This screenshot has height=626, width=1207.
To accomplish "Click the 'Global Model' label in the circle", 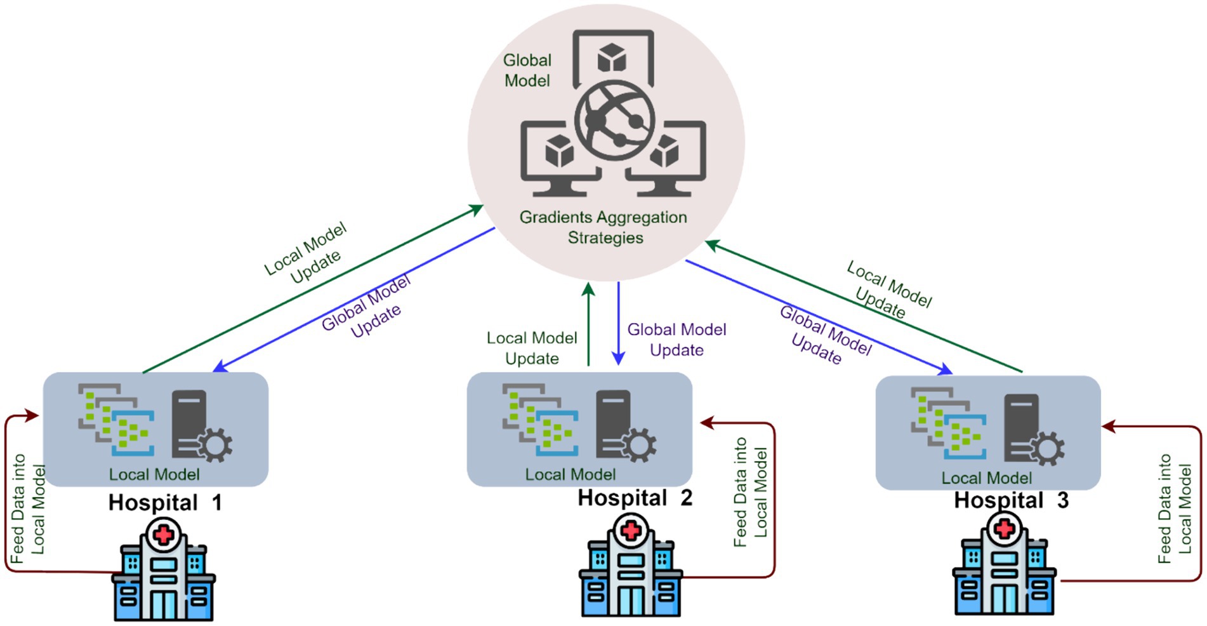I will point(527,70).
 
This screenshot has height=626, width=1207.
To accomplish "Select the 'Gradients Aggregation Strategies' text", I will point(603,227).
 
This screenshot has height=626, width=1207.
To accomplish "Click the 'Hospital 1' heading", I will point(165,503).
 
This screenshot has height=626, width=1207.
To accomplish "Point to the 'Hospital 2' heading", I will point(635,498).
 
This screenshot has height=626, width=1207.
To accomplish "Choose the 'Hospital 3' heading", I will point(1011,500).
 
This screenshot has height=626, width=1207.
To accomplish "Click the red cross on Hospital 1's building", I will point(164,535).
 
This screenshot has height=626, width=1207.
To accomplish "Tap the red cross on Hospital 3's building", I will point(1004,529).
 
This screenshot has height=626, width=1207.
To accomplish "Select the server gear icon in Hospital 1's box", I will point(201,427).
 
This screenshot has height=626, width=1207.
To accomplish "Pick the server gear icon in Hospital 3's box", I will point(1033,430).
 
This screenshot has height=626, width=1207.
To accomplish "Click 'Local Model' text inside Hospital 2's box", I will point(570,475).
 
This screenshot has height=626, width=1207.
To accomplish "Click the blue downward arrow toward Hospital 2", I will point(619,324).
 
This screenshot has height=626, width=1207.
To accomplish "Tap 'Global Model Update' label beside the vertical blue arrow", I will point(676,340).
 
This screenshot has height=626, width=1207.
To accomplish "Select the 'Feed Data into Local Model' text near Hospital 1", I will point(28,509).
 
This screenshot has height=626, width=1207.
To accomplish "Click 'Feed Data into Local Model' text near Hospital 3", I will point(1174,509).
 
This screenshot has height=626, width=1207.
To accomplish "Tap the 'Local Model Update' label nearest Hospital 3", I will point(888,290).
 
